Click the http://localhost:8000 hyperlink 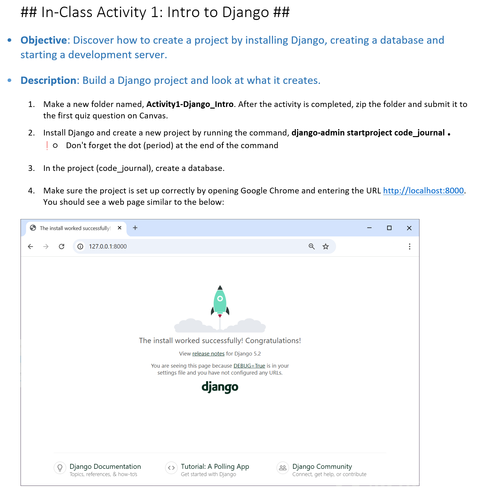point(423,191)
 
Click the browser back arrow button point(30,247)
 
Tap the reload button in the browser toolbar point(62,247)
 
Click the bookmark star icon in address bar point(326,247)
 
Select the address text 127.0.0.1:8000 point(108,247)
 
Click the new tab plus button point(135,228)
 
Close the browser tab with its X point(119,228)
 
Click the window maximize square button point(389,228)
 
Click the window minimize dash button point(369,228)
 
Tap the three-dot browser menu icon point(409,247)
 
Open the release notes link point(208,354)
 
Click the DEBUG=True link point(249,366)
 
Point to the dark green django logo point(220,387)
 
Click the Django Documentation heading point(105,467)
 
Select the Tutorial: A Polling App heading point(215,467)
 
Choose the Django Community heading point(322,467)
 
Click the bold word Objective point(44,40)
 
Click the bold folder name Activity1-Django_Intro point(190,104)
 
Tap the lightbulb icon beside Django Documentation point(60,468)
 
